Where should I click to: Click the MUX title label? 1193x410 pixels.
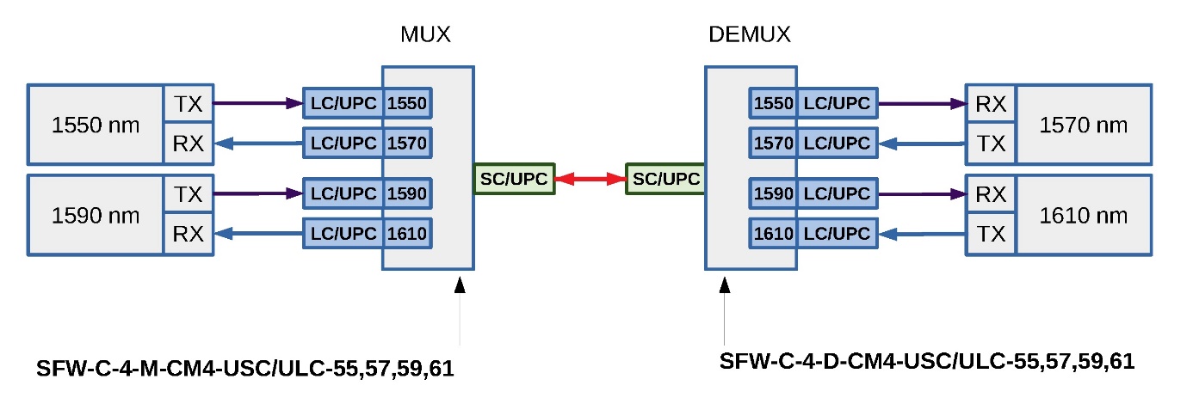tap(425, 35)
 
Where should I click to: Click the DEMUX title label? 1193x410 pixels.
tap(749, 35)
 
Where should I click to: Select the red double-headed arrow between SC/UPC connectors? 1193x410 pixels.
tap(590, 179)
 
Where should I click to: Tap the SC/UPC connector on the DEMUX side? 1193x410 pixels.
tap(665, 179)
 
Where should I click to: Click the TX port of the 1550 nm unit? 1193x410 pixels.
tap(189, 104)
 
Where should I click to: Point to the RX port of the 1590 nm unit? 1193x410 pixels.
tap(189, 233)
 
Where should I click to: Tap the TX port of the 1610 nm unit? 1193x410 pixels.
tap(992, 233)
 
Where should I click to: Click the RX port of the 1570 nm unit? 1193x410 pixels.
tap(992, 104)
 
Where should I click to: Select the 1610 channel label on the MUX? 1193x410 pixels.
tap(407, 233)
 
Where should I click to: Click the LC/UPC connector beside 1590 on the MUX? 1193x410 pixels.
tap(343, 194)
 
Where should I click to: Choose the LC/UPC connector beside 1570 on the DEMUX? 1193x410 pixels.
tap(837, 142)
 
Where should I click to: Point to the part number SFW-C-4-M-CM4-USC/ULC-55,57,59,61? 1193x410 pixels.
tap(245, 369)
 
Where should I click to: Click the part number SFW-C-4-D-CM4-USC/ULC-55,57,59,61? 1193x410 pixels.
tap(926, 361)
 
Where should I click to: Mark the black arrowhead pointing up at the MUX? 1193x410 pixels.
tap(460, 285)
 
